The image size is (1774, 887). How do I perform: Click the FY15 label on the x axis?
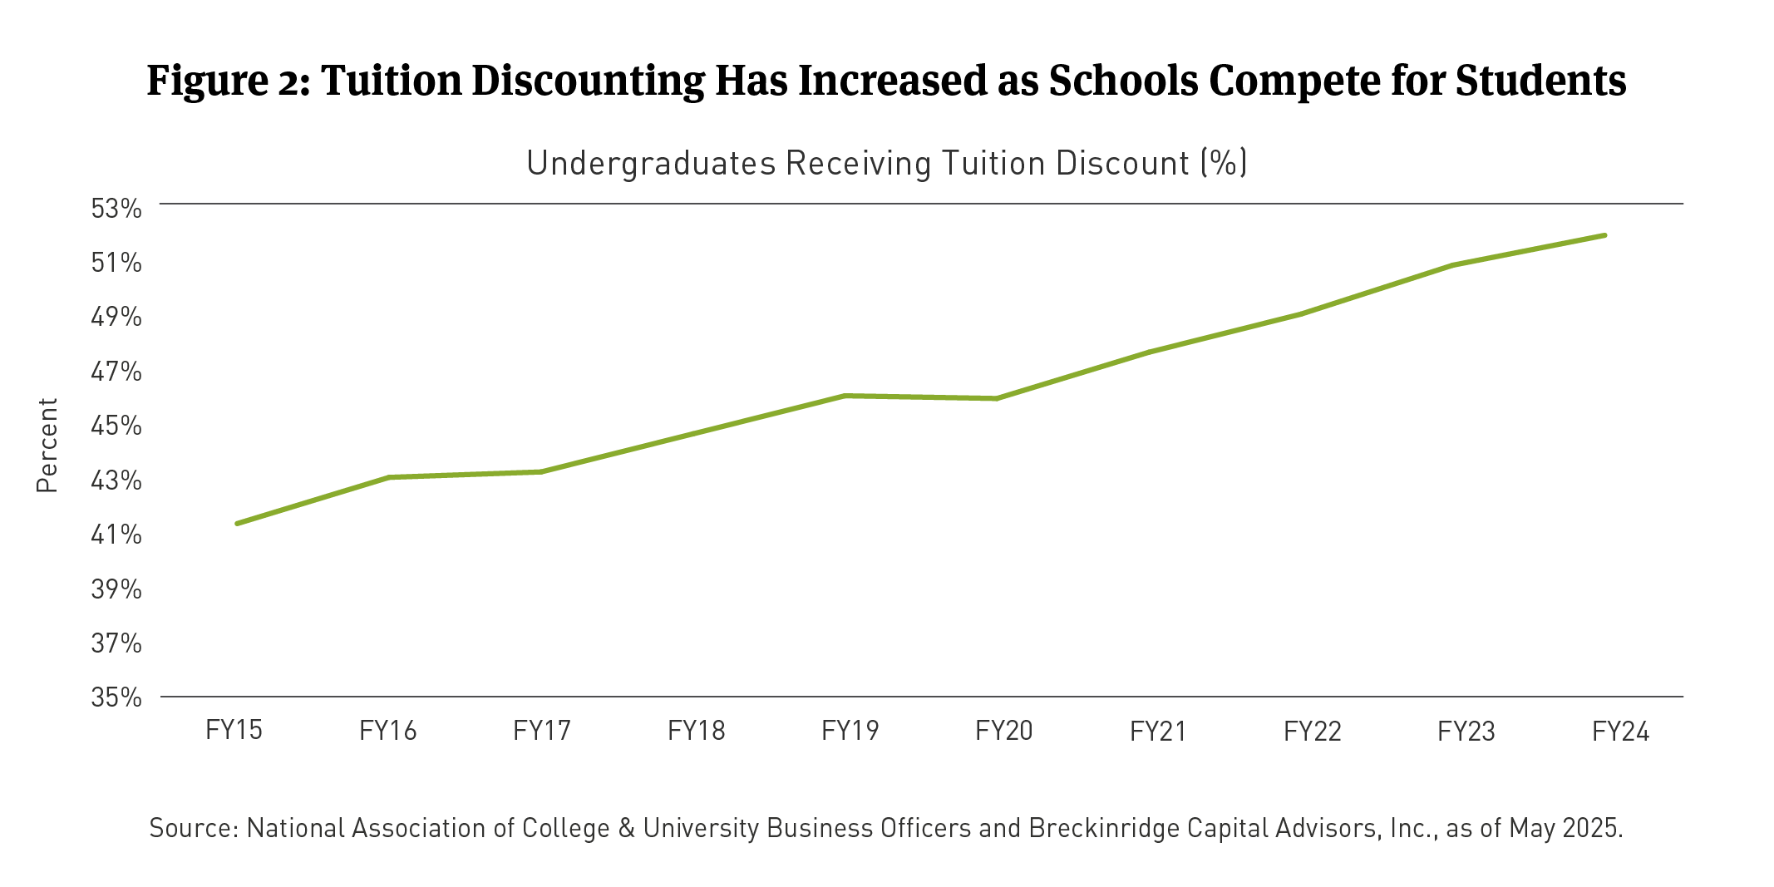tap(234, 730)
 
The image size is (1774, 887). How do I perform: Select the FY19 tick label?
tap(850, 730)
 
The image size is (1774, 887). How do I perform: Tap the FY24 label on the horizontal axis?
tap(1620, 731)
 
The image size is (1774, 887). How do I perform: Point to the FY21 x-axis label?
tap(1158, 731)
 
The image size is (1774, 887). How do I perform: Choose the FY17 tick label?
tap(542, 730)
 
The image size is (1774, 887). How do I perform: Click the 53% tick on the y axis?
tap(116, 209)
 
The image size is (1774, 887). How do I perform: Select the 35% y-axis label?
tap(116, 697)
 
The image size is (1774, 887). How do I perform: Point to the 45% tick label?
tap(116, 426)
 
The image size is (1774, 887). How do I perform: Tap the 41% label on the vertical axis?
tap(116, 535)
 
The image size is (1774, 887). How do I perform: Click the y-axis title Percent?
tap(47, 445)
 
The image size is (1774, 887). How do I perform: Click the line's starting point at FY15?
tap(237, 524)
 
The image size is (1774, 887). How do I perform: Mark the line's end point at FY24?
tap(1604, 235)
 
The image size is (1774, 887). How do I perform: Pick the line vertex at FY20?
tap(996, 399)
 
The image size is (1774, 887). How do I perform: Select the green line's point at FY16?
tap(389, 477)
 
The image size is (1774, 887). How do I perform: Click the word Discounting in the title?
tap(589, 81)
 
